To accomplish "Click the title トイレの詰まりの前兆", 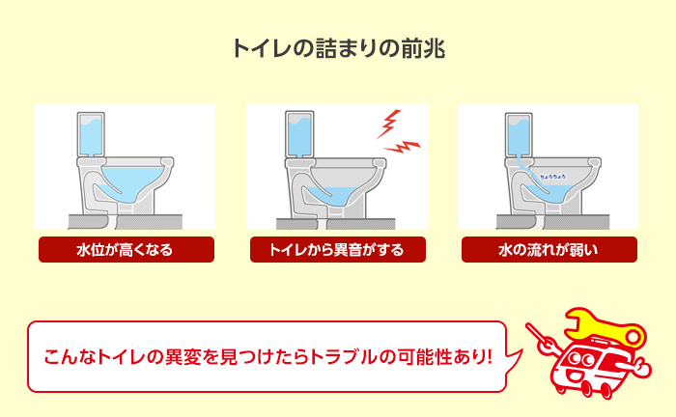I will (x=338, y=49).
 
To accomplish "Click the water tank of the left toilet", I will (x=91, y=136).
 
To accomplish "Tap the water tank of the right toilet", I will (x=514, y=136).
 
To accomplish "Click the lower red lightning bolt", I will (x=406, y=147).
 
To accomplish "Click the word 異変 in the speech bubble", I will (x=188, y=356).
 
